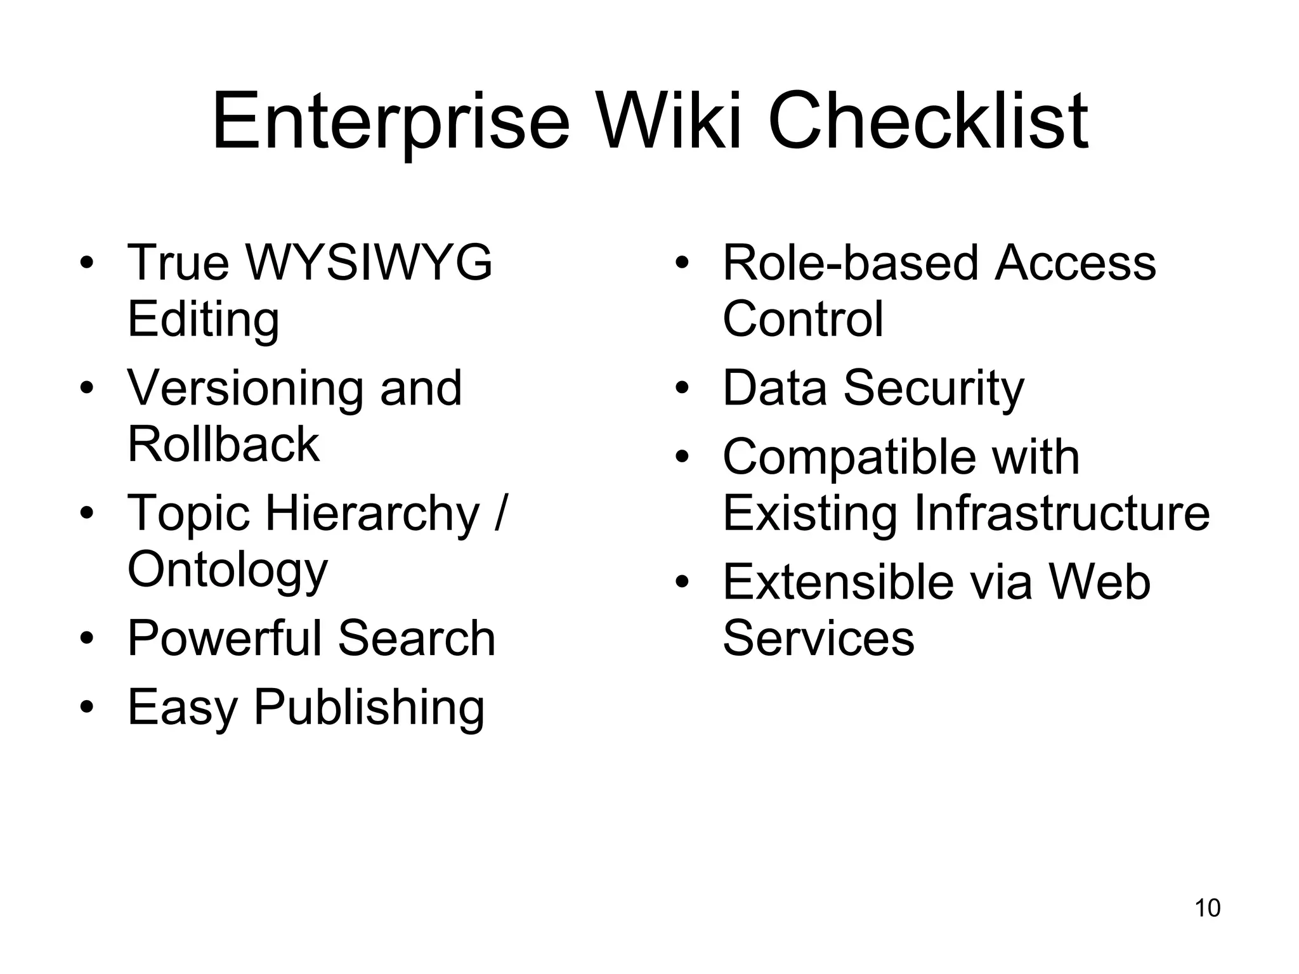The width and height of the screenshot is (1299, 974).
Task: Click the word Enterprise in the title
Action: click(391, 122)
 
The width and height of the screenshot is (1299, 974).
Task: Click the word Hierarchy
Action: click(372, 512)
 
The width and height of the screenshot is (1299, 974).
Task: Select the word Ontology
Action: click(228, 569)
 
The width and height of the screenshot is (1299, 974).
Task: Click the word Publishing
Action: click(369, 707)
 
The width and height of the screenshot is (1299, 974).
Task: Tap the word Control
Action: click(802, 318)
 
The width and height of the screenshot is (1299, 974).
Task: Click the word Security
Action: click(933, 388)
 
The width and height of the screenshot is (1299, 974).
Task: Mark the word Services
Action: click(818, 638)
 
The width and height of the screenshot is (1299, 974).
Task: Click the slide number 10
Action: click(1207, 908)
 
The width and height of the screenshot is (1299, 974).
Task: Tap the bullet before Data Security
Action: click(681, 388)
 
